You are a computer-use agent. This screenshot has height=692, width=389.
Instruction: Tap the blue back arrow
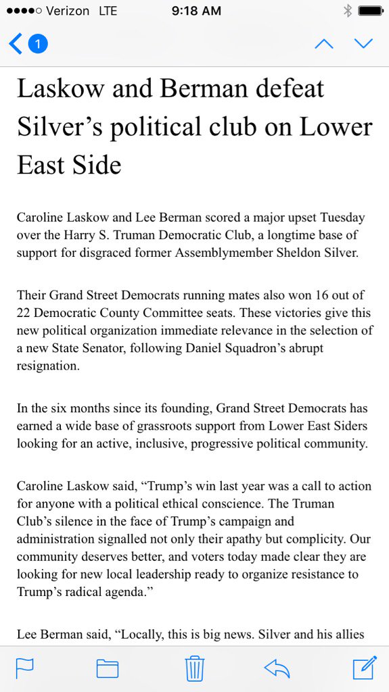(x=15, y=45)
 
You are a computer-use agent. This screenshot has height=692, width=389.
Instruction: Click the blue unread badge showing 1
(x=38, y=45)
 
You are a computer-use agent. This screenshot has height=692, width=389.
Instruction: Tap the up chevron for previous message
(x=324, y=45)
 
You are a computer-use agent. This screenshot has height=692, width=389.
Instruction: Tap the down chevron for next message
(x=364, y=45)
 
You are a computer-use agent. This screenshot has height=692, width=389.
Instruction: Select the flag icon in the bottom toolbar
(x=25, y=668)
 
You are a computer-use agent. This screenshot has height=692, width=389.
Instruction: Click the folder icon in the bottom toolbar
(x=108, y=668)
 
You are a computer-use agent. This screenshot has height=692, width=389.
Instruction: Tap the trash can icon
(x=195, y=668)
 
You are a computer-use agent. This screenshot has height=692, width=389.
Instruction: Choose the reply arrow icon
(x=277, y=668)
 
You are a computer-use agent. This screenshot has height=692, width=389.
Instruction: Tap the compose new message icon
(x=364, y=667)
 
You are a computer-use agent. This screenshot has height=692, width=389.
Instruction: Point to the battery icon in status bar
(x=371, y=11)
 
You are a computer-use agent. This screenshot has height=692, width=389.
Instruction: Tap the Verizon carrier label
(x=73, y=11)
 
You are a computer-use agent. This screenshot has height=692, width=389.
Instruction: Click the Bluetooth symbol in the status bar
(x=348, y=11)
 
